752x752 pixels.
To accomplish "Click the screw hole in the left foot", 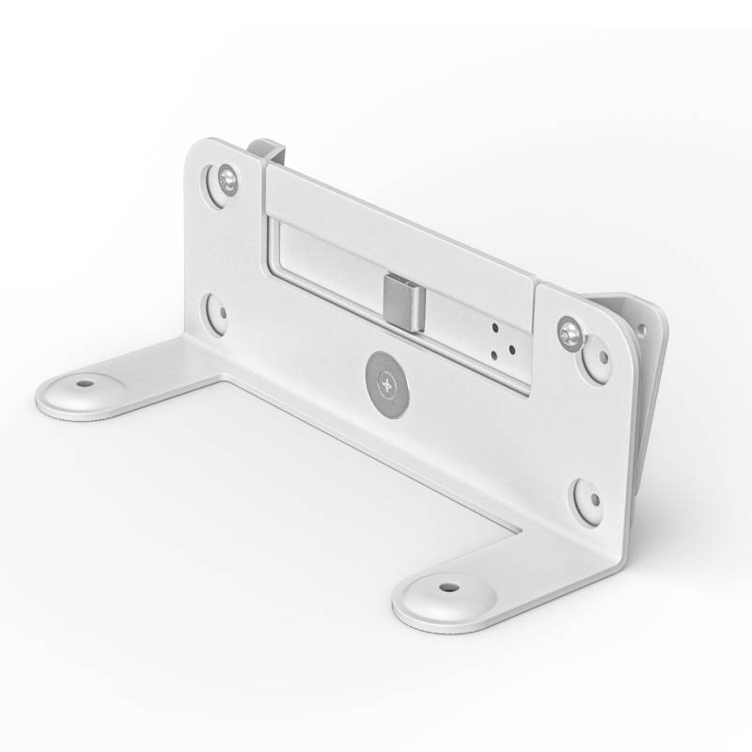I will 86,384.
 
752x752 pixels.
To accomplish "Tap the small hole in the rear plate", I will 642,330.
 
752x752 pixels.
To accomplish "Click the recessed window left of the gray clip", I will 324,273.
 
